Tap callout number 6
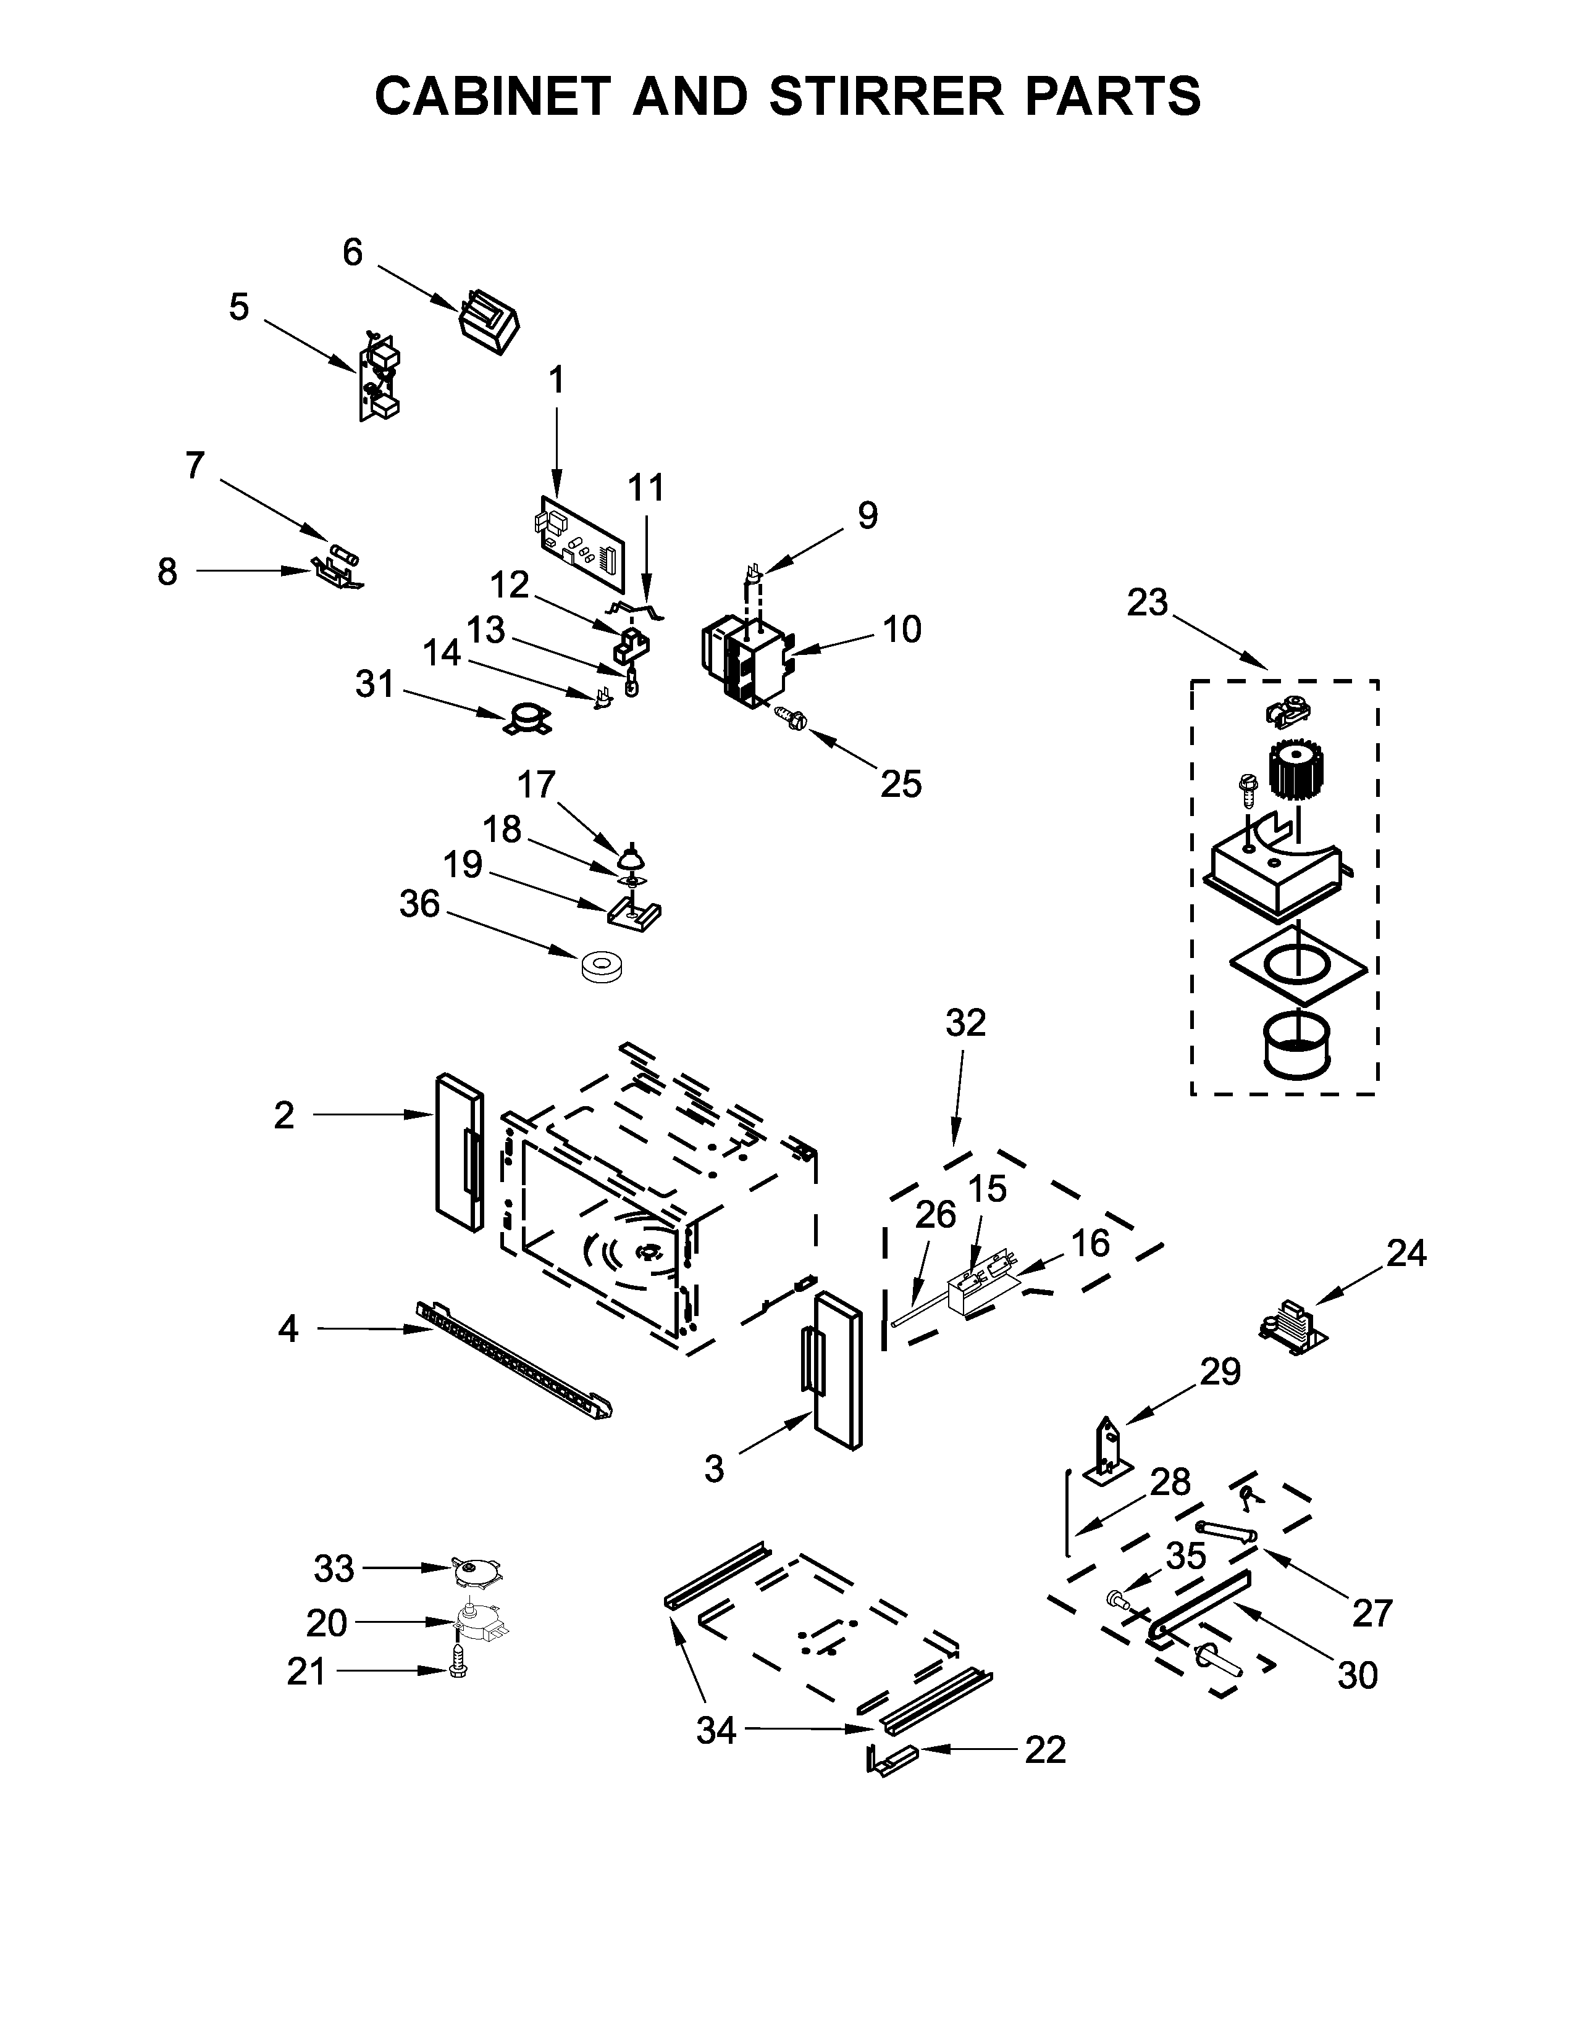(353, 252)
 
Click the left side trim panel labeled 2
(458, 1151)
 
